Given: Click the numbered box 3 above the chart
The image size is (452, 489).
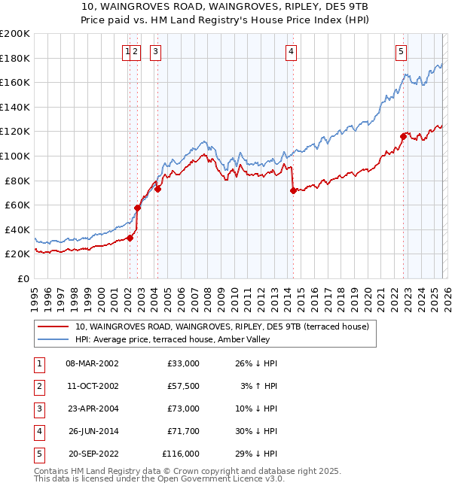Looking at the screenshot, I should tap(155, 52).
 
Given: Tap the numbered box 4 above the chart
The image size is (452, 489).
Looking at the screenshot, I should tap(291, 52).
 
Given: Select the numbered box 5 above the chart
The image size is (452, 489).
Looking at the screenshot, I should tap(401, 52).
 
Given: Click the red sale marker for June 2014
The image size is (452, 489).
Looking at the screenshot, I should tap(292, 190).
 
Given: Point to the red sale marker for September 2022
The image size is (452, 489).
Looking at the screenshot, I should tap(403, 136).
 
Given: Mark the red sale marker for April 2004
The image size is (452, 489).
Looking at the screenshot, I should tap(158, 189).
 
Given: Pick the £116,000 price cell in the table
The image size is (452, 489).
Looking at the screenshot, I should tap(181, 454).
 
